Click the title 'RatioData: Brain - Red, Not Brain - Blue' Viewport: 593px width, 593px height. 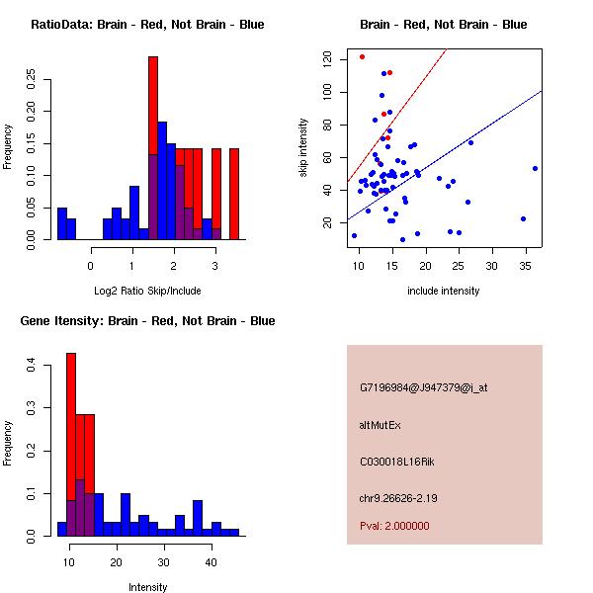147,25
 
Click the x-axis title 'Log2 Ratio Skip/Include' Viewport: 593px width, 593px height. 147,291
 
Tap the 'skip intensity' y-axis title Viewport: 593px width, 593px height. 304,148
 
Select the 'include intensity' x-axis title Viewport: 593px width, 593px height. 444,291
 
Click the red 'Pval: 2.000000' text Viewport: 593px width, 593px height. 394,526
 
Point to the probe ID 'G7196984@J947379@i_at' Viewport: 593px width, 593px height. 423,387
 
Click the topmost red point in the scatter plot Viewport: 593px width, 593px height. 362,56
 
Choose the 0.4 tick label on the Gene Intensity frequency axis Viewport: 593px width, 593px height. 32,366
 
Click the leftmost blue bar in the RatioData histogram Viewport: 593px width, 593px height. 61,223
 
